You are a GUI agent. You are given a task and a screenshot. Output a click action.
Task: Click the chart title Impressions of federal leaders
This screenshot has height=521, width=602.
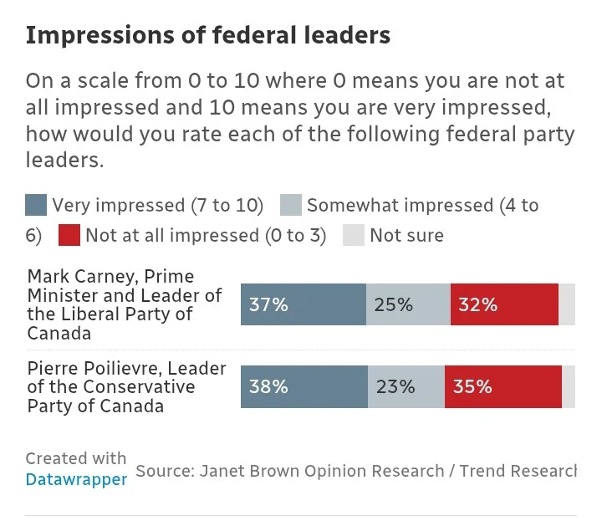pos(208,36)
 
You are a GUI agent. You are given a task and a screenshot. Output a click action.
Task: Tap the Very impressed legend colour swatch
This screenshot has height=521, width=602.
pos(36,206)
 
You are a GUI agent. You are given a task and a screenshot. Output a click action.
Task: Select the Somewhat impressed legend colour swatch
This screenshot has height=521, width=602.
pos(290,206)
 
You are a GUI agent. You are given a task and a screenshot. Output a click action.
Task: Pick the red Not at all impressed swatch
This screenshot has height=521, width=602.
pos(69,236)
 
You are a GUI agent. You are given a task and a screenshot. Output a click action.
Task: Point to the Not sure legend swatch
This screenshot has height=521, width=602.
pos(354,236)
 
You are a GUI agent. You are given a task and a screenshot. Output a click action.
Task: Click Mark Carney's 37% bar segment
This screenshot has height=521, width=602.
pos(304,304)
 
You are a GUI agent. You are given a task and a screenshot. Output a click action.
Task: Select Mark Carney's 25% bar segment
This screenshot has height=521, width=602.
pos(408,304)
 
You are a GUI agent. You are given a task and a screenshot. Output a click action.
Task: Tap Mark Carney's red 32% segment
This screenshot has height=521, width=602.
pos(504,304)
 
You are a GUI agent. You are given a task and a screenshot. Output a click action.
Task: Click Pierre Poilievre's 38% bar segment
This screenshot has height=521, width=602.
pos(304,387)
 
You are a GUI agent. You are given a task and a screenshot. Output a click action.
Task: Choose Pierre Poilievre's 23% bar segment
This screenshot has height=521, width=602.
pos(406,387)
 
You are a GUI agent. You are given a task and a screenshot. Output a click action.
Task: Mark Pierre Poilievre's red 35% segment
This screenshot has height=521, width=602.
pos(503,387)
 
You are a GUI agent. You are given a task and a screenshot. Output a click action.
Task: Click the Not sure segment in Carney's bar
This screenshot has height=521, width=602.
pos(567,304)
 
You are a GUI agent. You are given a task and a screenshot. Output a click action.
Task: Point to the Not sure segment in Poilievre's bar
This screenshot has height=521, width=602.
pos(569,387)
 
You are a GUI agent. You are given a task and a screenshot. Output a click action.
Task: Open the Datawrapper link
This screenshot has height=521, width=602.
pos(76,480)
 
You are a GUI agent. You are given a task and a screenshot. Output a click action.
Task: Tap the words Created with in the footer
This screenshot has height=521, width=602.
pos(76,458)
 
